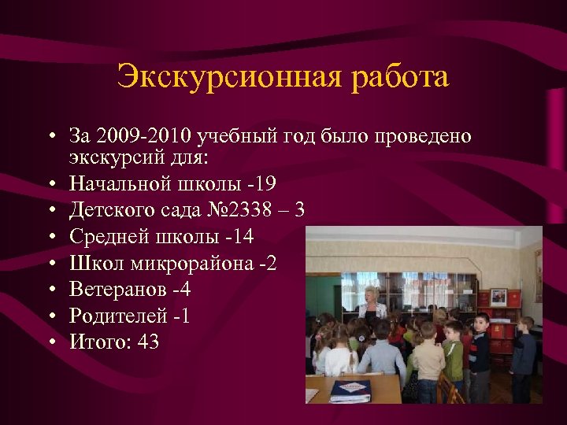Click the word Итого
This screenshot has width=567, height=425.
point(95,342)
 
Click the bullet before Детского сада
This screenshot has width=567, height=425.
point(50,211)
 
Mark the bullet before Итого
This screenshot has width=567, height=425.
point(50,342)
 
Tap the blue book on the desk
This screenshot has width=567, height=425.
point(350,389)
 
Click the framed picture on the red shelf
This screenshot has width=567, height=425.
point(498,297)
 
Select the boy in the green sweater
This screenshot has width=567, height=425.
point(453,350)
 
